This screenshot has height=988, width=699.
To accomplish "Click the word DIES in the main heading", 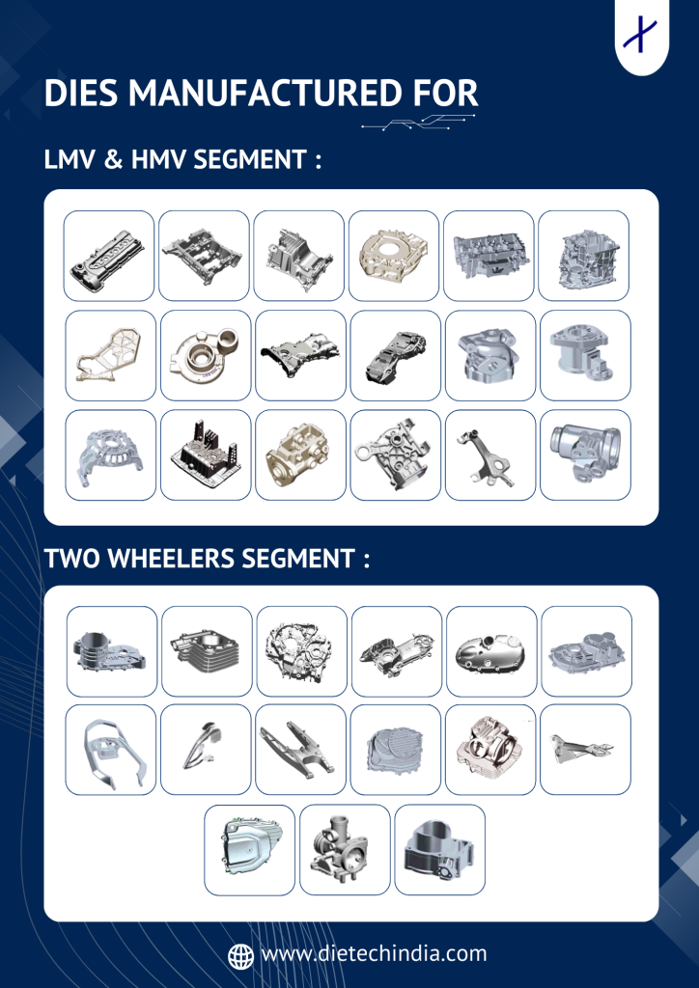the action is coord(81,94).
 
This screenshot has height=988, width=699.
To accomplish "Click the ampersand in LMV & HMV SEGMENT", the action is coord(112,159).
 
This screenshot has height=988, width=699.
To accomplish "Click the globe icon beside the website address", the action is coord(240,955).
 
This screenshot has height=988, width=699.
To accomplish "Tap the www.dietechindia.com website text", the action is coord(374,954).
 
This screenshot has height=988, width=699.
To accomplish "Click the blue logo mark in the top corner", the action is coord(640,35).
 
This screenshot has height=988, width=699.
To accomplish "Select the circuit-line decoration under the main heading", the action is coord(418,122).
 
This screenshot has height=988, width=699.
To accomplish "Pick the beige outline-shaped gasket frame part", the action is coord(110,355).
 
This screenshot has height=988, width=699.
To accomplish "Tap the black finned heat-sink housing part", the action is coord(205,456).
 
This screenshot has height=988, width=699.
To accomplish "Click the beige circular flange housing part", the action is coord(394,257).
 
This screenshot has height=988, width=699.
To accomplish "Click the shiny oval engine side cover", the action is coord(491,651).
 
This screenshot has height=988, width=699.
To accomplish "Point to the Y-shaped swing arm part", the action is coord(300,748).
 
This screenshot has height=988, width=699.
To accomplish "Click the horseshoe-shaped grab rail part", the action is coord(111,751).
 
